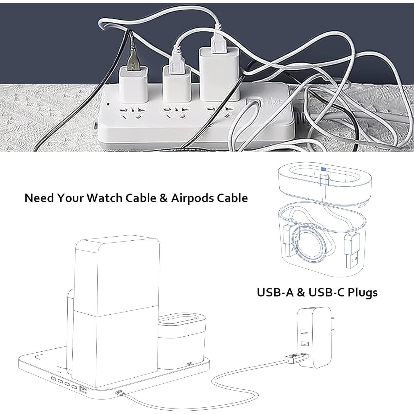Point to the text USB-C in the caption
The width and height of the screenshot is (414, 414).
click(326, 292)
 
